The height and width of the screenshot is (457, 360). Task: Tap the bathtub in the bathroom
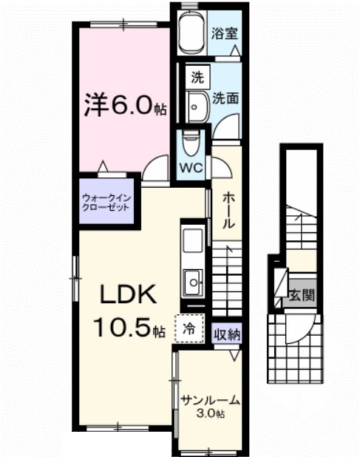pyautogui.click(x=193, y=34)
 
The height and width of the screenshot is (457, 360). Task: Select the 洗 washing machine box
pyautogui.click(x=197, y=75)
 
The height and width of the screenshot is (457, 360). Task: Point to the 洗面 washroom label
pyautogui.click(x=225, y=96)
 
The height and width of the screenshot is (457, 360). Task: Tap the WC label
pyautogui.click(x=192, y=167)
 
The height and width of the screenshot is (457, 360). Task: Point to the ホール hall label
pyautogui.click(x=229, y=210)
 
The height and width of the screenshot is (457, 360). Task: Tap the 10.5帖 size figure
pyautogui.click(x=128, y=326)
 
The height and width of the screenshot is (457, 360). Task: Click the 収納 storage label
pyautogui.click(x=228, y=334)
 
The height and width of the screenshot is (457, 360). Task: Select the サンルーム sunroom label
pyautogui.click(x=211, y=400)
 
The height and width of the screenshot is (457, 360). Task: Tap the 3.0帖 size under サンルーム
pyautogui.click(x=211, y=413)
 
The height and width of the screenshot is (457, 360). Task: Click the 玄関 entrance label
pyautogui.click(x=301, y=296)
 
